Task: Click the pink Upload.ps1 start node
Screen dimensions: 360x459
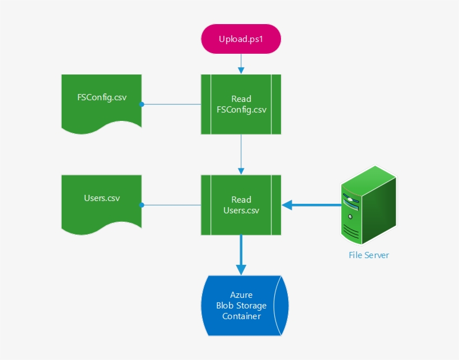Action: click(x=241, y=39)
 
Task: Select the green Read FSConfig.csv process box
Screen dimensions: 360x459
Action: click(x=241, y=104)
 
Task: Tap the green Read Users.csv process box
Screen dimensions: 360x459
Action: click(x=241, y=205)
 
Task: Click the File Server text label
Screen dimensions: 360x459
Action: click(x=368, y=255)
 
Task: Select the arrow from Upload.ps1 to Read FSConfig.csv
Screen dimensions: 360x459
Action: click(x=241, y=64)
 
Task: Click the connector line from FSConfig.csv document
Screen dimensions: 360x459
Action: click(x=171, y=104)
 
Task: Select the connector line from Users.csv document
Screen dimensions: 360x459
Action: click(x=171, y=205)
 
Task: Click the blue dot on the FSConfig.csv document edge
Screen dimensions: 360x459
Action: click(x=142, y=104)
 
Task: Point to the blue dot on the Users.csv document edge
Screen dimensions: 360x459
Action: click(x=142, y=205)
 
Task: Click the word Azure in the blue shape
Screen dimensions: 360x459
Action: click(x=241, y=295)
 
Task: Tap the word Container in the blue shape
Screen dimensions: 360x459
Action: click(x=241, y=316)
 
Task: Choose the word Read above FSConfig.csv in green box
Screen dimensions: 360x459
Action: click(x=241, y=99)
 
